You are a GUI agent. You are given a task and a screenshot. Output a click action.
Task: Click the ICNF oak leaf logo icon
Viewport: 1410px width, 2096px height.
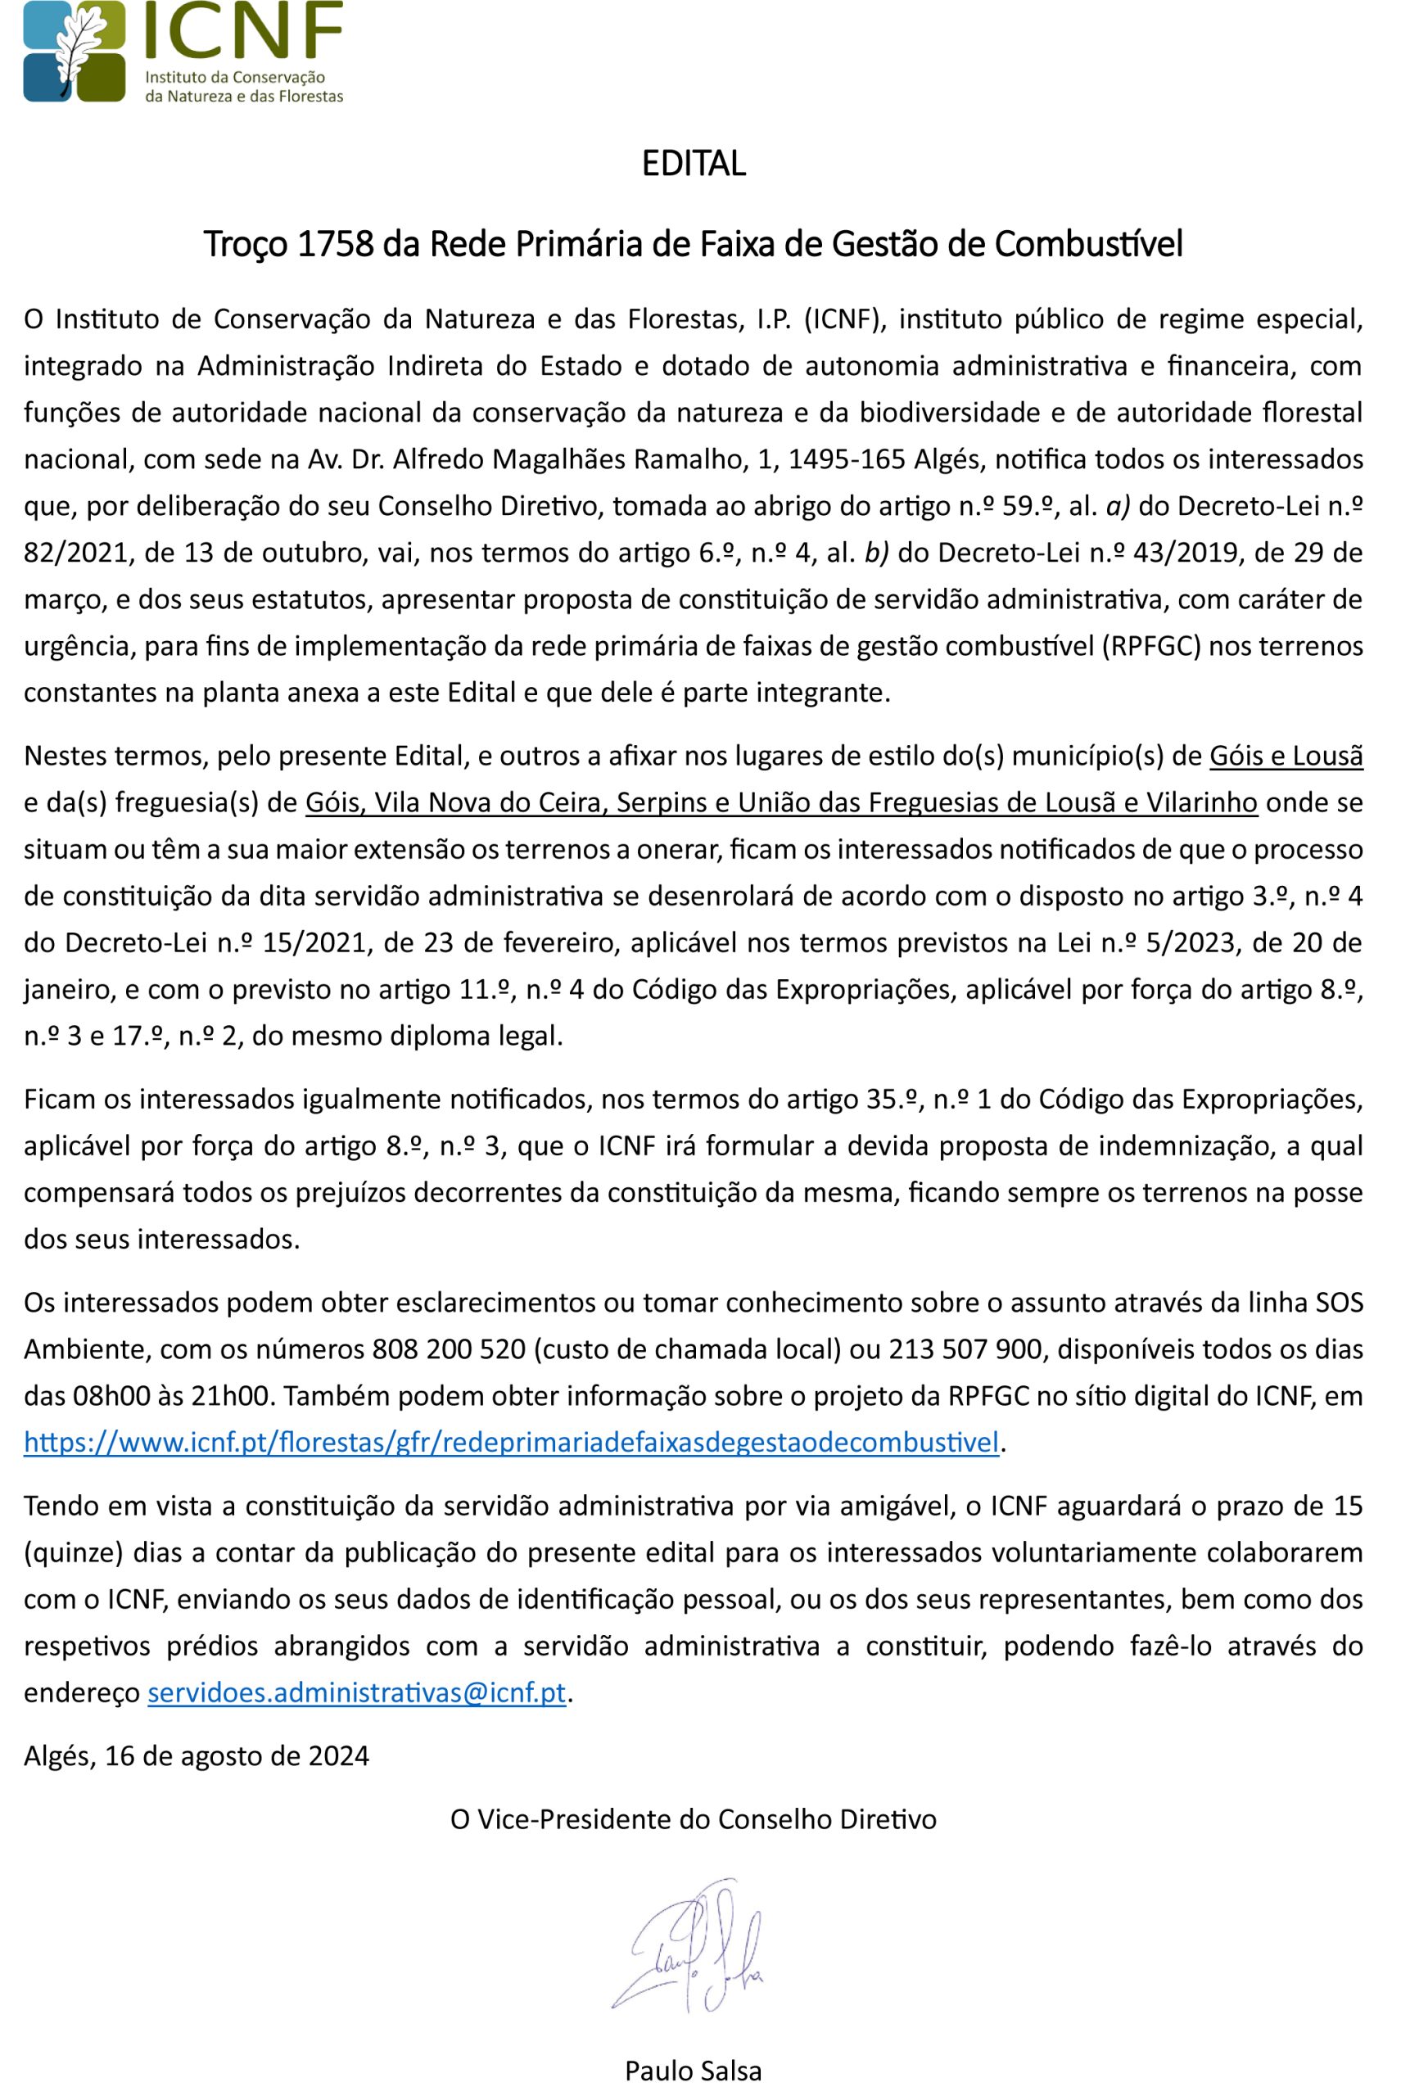[x=75, y=52]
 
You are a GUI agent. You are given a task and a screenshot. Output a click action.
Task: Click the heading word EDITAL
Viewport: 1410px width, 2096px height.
[x=694, y=164]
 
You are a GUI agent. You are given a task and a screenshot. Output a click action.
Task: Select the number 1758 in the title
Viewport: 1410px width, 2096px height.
[x=335, y=244]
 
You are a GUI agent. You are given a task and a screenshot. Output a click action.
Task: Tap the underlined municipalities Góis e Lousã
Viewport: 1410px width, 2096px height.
[x=1286, y=756]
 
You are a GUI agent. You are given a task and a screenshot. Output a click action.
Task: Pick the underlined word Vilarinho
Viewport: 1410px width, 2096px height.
[x=1200, y=802]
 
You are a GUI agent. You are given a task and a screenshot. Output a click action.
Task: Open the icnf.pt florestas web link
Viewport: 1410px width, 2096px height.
[x=511, y=1443]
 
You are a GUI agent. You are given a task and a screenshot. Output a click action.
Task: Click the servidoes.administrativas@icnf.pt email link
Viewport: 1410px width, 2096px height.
[x=356, y=1692]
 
